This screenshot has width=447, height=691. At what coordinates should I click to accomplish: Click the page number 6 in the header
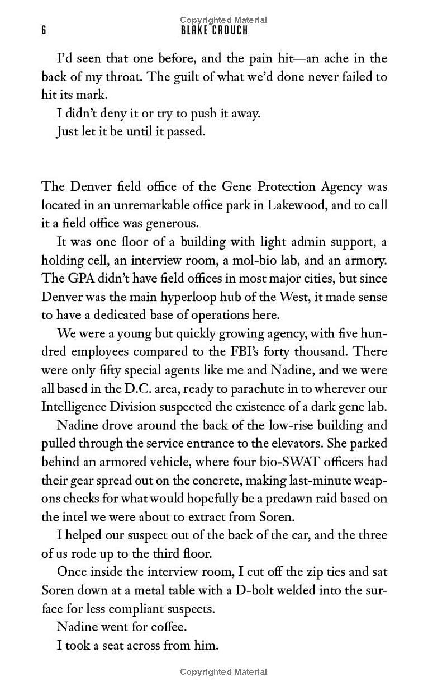(x=44, y=31)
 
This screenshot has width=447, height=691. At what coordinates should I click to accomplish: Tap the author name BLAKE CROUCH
(x=214, y=31)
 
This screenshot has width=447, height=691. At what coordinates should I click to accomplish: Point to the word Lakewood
(x=296, y=205)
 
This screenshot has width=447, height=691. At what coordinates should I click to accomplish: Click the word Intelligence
(x=78, y=407)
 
